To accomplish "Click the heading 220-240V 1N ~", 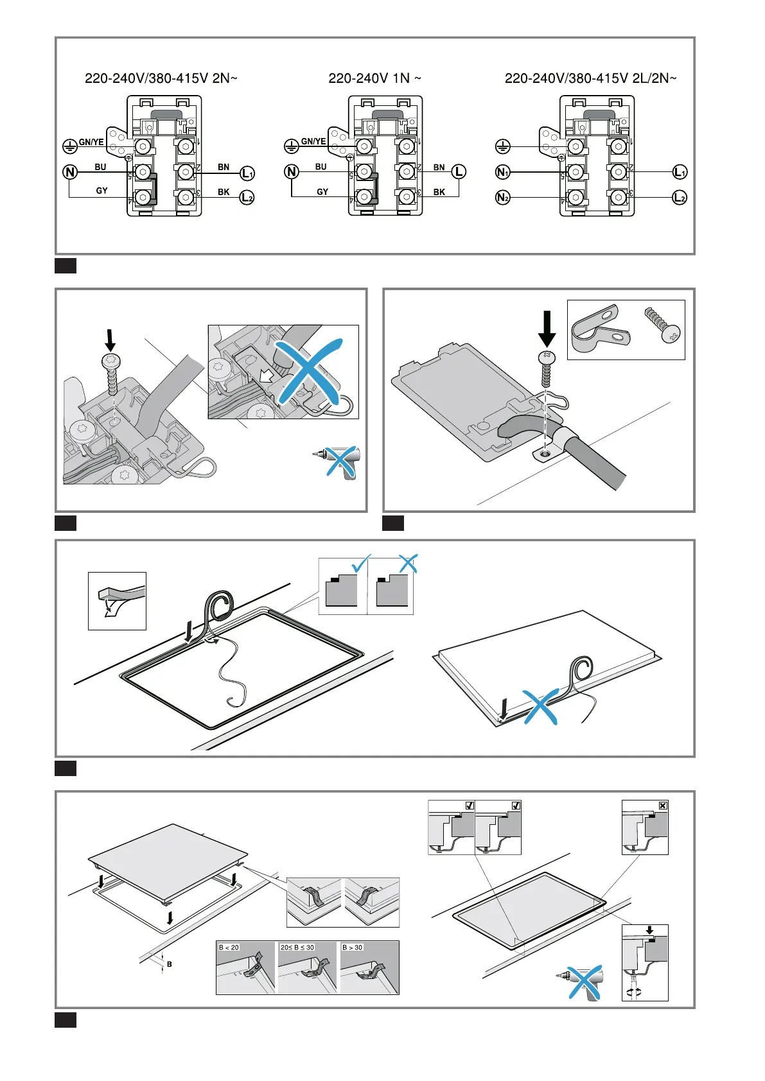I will tap(374, 78).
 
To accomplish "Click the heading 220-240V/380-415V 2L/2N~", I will tap(590, 78).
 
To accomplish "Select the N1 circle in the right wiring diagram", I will tap(503, 172).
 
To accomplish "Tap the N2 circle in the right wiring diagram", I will tap(503, 197).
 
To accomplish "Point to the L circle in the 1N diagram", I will tap(459, 172).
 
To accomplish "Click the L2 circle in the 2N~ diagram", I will tap(247, 198).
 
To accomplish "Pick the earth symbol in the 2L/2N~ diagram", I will tap(502, 147).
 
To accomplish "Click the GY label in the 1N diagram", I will tap(322, 192).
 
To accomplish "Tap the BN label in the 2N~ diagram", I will tap(224, 167).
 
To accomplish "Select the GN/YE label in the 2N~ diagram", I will tap(91, 143).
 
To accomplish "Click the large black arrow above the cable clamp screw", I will tap(547, 329).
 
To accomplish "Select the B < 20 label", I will tap(229, 947).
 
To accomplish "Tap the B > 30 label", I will tap(352, 947).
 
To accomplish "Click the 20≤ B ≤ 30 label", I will tap(297, 947).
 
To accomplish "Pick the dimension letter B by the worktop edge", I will tap(170, 964).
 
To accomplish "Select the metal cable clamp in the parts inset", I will tap(599, 329).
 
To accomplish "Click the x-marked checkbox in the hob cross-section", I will tap(663, 805).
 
